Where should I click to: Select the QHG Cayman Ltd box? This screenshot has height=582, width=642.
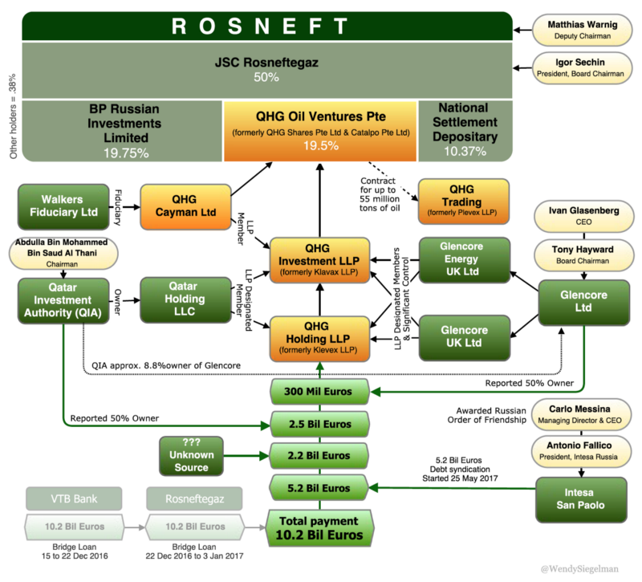[184, 206]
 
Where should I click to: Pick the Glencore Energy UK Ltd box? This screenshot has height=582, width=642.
[464, 259]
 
